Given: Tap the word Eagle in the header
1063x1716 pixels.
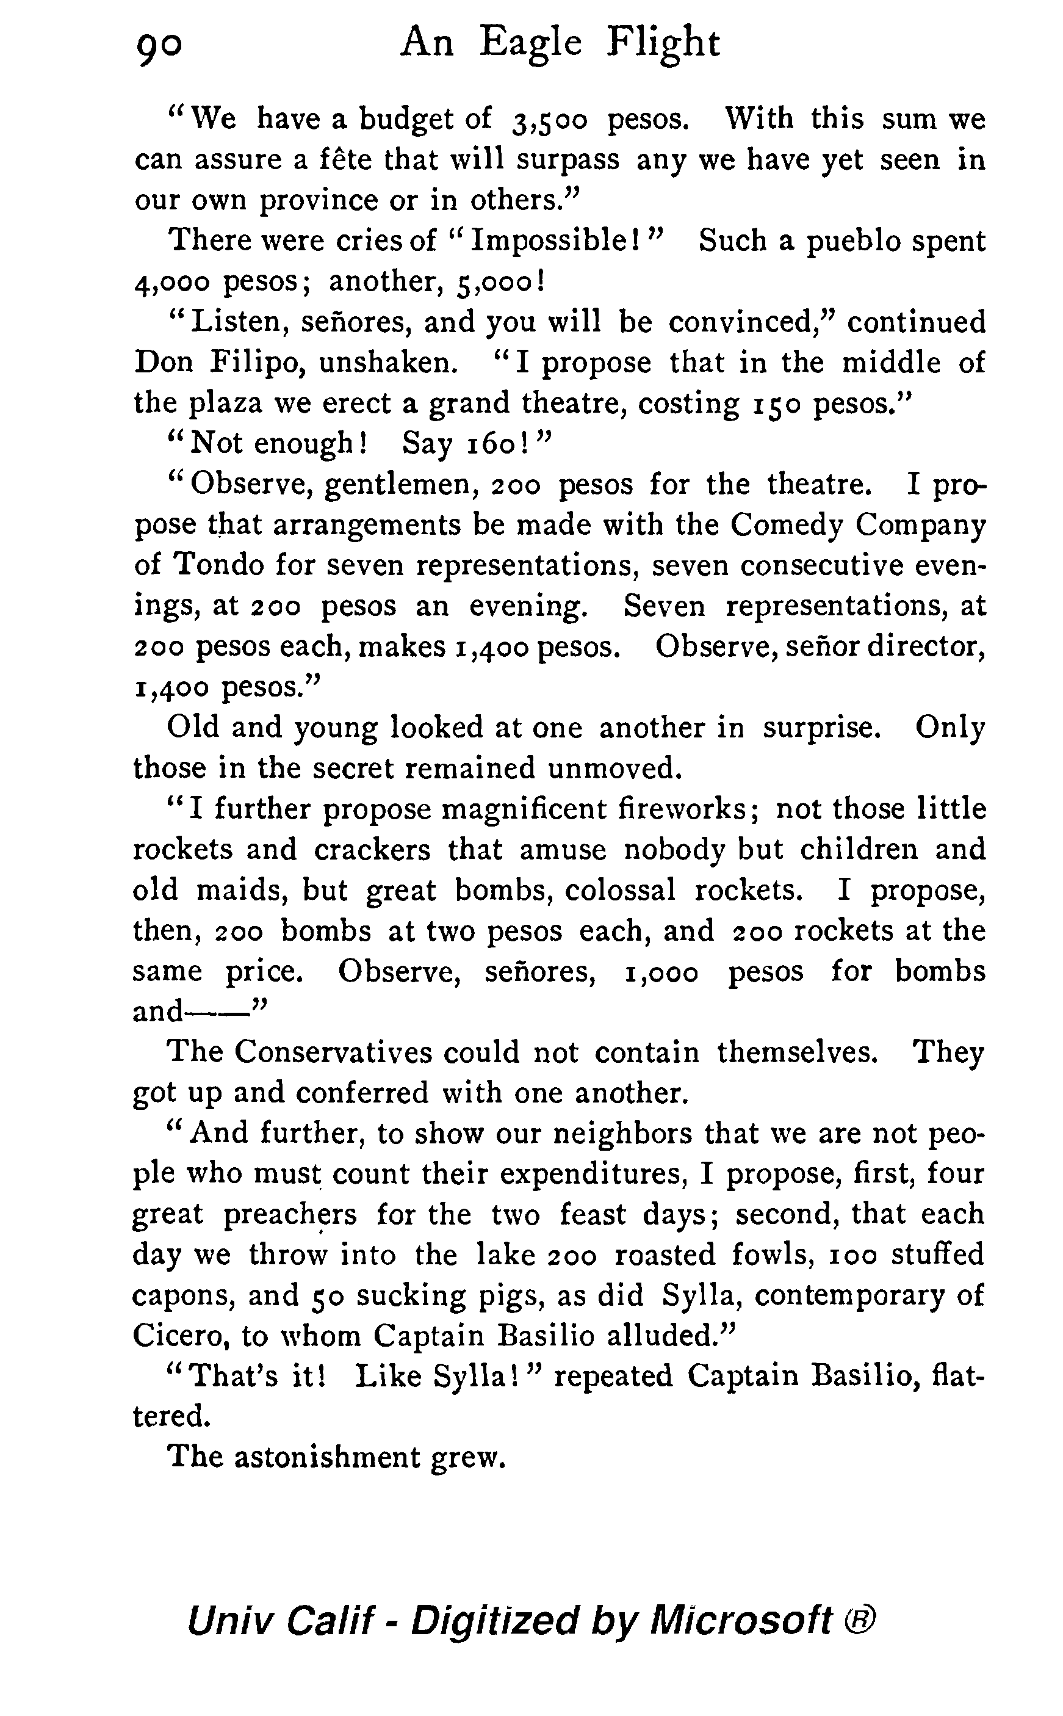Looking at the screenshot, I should [531, 43].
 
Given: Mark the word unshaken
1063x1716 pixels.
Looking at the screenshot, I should [388, 363].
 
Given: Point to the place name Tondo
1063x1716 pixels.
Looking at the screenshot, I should [218, 565].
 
